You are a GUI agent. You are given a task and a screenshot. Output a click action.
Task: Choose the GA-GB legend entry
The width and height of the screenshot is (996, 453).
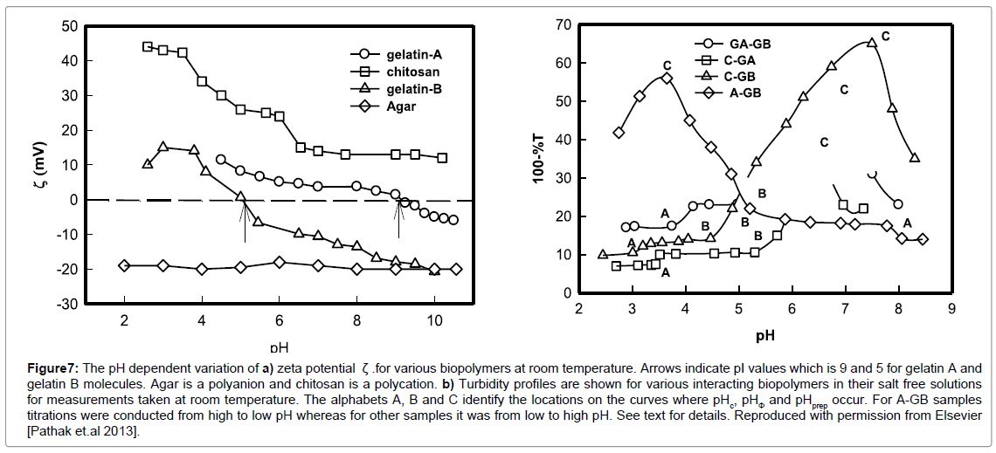point(750,43)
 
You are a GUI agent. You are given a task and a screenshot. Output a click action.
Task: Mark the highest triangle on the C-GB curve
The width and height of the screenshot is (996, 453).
point(871,42)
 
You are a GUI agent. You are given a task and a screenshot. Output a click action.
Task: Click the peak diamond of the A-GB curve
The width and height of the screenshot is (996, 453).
point(667,78)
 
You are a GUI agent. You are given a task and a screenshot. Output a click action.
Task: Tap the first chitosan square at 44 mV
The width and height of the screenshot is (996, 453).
point(147,46)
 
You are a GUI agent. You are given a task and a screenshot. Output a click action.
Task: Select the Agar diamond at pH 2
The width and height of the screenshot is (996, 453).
point(124,265)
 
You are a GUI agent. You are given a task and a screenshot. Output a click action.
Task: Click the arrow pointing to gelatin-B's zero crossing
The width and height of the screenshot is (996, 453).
point(246,217)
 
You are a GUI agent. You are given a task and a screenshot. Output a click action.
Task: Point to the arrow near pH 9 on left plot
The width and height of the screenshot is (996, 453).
point(398,217)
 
